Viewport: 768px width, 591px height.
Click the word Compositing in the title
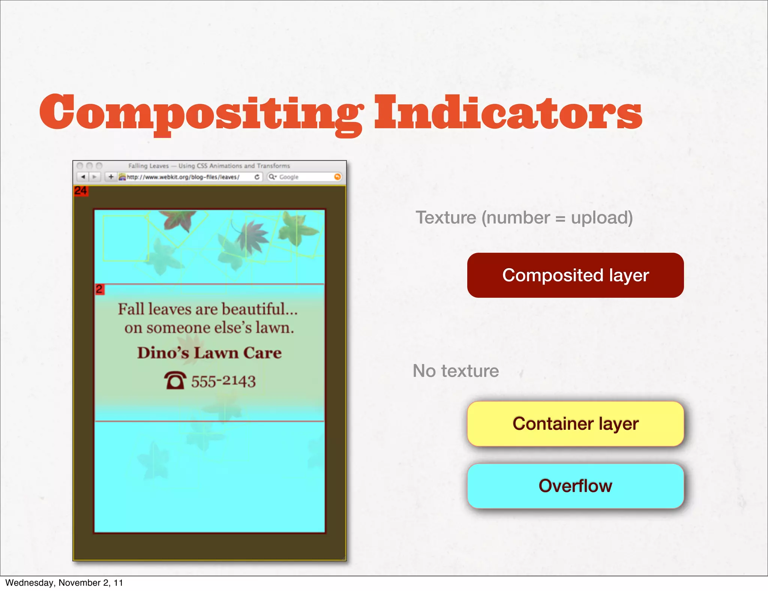201,112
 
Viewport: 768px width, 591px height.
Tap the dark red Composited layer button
575,275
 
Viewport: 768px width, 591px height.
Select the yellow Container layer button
575,424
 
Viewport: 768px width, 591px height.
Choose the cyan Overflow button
575,486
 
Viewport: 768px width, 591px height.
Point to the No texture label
456,371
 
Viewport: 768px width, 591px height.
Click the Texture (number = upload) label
524,217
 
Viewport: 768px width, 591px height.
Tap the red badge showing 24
81,191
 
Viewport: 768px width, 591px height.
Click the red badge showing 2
99,289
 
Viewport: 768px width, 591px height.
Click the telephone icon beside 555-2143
175,381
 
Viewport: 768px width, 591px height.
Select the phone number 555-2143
223,381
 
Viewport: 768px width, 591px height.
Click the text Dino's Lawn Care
209,353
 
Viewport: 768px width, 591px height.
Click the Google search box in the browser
304,177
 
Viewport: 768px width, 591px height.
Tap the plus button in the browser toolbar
111,177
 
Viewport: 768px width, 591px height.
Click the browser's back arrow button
83,177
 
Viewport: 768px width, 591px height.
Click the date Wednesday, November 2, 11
64,583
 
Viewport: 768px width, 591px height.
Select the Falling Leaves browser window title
209,166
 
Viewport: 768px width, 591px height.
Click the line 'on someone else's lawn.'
209,328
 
